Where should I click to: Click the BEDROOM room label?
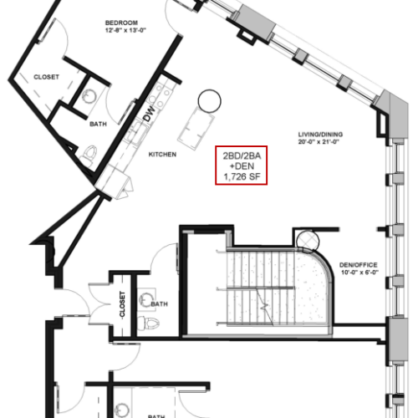pyautogui.click(x=121, y=23)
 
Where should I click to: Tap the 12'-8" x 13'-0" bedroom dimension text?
pyautogui.click(x=125, y=30)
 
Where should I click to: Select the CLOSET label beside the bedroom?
pyautogui.click(x=46, y=77)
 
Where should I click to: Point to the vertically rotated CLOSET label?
pyautogui.click(x=122, y=304)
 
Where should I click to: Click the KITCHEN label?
pyautogui.click(x=162, y=155)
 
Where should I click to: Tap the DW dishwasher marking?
pyautogui.click(x=149, y=114)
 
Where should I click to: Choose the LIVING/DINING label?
pyautogui.click(x=320, y=135)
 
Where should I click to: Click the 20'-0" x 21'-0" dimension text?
pyautogui.click(x=319, y=142)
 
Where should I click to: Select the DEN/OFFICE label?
pyautogui.click(x=359, y=265)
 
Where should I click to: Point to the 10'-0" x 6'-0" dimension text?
pyautogui.click(x=359, y=273)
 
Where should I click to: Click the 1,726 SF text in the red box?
pyautogui.click(x=242, y=176)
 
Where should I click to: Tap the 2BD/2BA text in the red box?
pyautogui.click(x=242, y=155)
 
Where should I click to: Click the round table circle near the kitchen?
pyautogui.click(x=210, y=101)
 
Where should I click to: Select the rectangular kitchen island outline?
pyautogui.click(x=196, y=127)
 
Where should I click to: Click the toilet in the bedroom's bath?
pyautogui.click(x=89, y=155)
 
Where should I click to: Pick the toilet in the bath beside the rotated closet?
pyautogui.click(x=148, y=323)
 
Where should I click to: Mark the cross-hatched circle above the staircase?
pyautogui.click(x=308, y=240)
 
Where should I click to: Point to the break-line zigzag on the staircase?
pyautogui.click(x=264, y=307)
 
